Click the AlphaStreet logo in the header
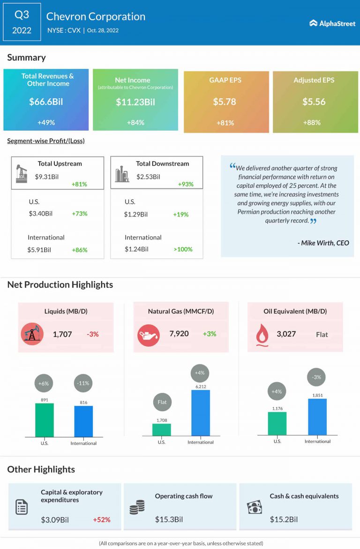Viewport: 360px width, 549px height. click(332, 23)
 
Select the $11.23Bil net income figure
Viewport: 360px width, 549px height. click(135, 102)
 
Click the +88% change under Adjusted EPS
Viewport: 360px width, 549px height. click(314, 123)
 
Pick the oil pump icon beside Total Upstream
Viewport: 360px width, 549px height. click(22, 173)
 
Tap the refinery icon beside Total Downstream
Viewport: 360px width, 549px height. click(122, 174)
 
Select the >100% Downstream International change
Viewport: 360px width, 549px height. click(183, 249)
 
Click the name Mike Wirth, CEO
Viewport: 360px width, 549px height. click(323, 243)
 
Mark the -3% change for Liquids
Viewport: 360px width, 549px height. click(92, 334)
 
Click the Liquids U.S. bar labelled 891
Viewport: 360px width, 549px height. click(45, 420)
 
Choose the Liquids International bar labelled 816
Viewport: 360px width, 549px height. click(83, 422)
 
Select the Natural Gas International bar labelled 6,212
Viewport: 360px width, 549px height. click(201, 413)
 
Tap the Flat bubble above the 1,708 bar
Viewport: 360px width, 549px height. click(162, 402)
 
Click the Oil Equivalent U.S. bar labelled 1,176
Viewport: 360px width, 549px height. click(277, 423)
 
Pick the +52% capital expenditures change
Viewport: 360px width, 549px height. click(101, 519)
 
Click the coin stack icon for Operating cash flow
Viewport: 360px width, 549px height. click(137, 508)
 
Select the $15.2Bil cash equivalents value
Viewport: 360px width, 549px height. click(284, 519)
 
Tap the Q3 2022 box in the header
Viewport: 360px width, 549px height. click(22, 22)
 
